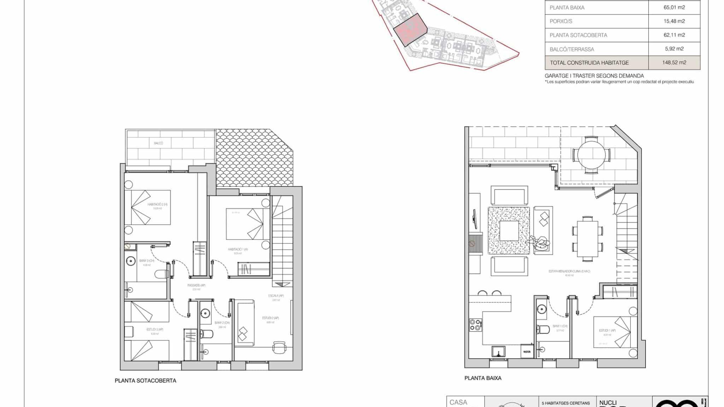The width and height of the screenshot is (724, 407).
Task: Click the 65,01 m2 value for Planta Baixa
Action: pyautogui.click(x=674, y=7)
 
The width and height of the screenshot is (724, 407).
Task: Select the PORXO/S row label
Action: pyautogui.click(x=561, y=21)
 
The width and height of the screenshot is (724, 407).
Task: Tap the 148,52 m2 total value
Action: pyautogui.click(x=674, y=63)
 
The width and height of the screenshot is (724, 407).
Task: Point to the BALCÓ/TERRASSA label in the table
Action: pyautogui.click(x=572, y=49)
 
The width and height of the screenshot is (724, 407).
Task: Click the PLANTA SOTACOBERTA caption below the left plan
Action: pyautogui.click(x=145, y=381)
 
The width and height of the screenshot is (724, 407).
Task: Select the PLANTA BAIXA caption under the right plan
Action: pyautogui.click(x=483, y=378)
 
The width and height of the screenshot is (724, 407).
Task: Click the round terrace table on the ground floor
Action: pyautogui.click(x=591, y=155)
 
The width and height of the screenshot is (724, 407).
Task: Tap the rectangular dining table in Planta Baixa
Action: pyautogui.click(x=588, y=239)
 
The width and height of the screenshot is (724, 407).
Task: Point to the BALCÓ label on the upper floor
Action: pyautogui.click(x=158, y=143)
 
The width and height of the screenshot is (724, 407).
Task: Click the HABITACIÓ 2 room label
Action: pyautogui.click(x=157, y=205)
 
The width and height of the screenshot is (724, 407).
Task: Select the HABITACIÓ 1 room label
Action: pyautogui.click(x=238, y=249)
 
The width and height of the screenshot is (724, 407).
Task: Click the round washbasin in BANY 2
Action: pyautogui.click(x=205, y=313)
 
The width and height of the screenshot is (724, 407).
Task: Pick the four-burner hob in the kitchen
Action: pyautogui.click(x=475, y=325)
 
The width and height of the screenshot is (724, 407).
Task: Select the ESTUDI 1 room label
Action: pyautogui.click(x=607, y=331)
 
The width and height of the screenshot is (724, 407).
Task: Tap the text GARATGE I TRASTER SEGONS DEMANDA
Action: pyautogui.click(x=594, y=76)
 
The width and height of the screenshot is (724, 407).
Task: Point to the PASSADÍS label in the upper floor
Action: pyautogui.click(x=196, y=285)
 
